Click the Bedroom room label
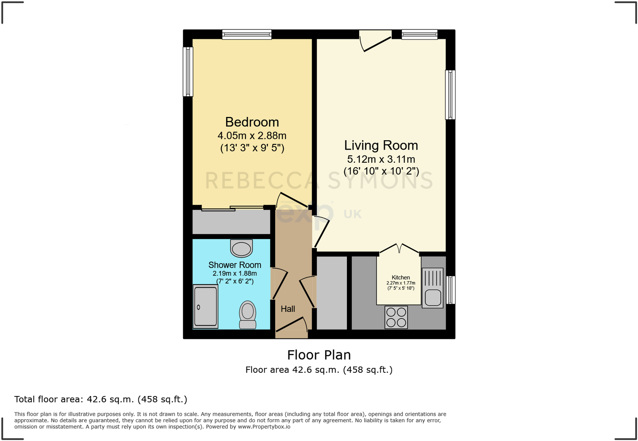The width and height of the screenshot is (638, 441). point(252,122)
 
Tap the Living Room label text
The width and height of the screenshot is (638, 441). point(381,146)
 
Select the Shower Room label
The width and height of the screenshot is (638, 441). point(235,265)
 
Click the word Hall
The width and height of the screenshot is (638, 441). point(288,309)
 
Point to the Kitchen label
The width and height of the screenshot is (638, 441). point(401,278)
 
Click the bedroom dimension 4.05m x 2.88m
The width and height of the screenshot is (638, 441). point(252,136)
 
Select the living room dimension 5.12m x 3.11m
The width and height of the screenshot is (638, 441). point(381,159)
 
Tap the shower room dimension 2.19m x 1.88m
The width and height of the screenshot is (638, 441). point(235,273)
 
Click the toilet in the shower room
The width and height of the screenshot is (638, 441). point(247,315)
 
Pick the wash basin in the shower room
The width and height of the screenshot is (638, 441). point(241,248)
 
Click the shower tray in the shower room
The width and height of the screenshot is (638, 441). point(205,307)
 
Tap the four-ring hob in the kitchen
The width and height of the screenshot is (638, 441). point(396,317)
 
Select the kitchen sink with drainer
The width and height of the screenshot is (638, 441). point(432,288)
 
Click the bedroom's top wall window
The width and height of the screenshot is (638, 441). point(247,34)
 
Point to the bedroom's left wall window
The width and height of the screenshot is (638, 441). point(188,72)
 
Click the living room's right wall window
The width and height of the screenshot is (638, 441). point(450,94)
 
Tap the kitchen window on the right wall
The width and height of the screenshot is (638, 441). point(450,290)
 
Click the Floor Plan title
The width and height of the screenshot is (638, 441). point(319,355)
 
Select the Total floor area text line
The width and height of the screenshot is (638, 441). point(101,399)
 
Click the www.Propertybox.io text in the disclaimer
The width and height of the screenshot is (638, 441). point(264,427)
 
